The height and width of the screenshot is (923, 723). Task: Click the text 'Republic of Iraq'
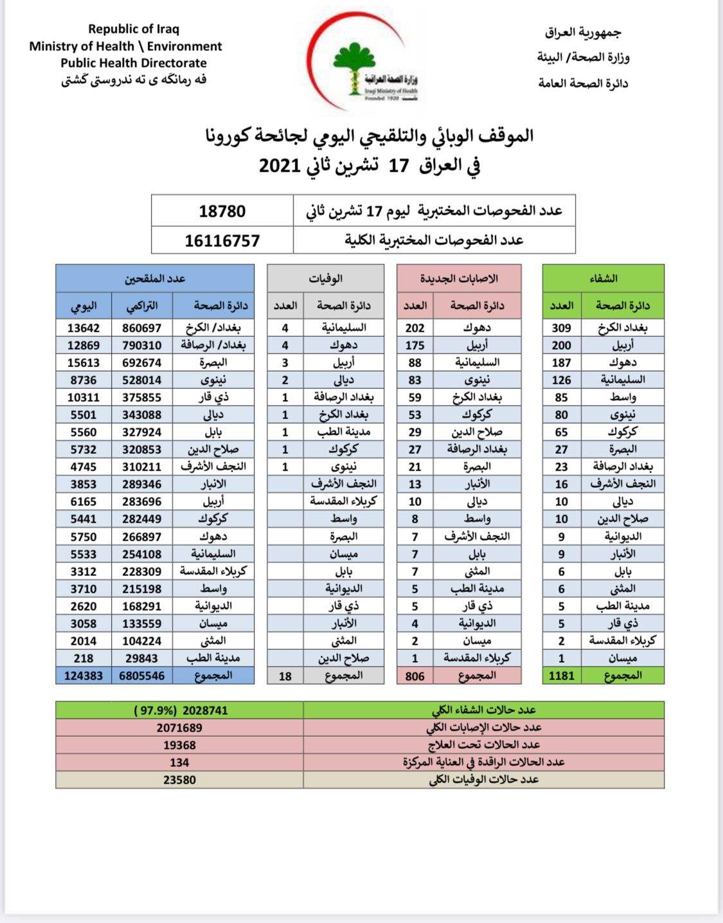pos(134,29)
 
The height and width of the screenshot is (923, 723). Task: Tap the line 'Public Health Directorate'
pos(134,63)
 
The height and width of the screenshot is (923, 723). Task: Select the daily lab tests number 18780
pos(222,211)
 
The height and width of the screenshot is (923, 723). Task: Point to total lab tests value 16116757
pos(222,241)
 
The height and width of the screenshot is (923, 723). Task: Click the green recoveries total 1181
pos(561,676)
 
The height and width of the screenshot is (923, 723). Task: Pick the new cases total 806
pos(415,676)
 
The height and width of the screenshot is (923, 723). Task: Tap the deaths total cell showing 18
pos(285,676)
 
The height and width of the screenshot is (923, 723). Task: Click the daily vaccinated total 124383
pos(84,676)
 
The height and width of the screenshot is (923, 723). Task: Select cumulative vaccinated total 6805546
pos(142,676)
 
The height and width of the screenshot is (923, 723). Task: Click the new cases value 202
pos(415,328)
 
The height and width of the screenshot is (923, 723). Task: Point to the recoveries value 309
pos(561,328)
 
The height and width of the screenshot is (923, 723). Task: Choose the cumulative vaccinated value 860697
pos(142,328)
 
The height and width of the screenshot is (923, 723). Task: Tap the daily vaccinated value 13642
pos(84,328)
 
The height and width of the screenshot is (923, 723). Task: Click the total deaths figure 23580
pos(179,780)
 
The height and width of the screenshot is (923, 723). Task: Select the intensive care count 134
pos(179,762)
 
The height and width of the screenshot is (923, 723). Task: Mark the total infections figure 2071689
pos(179,728)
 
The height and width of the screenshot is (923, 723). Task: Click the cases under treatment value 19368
pos(179,745)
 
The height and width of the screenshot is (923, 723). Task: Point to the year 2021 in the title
pos(280,166)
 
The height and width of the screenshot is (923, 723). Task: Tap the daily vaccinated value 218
pos(84,658)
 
